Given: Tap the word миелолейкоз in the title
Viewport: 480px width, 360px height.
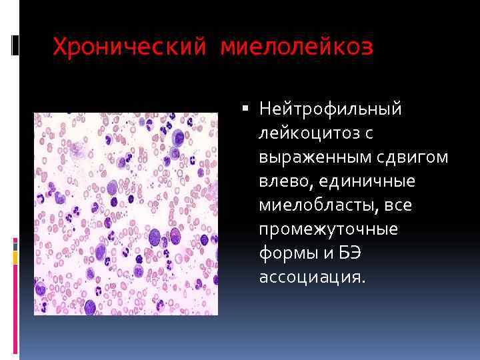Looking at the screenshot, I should click(297, 47).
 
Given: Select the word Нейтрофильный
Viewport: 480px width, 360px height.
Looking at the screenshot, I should click(331, 109).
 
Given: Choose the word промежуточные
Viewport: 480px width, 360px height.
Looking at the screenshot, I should click(329, 229).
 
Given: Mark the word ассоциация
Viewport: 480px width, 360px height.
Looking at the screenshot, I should click(313, 277).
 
